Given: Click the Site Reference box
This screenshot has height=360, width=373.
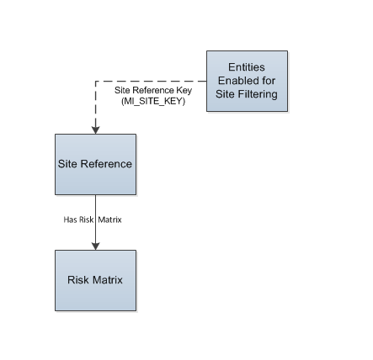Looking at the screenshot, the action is pos(95,164).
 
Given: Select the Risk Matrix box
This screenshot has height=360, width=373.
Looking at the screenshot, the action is pos(95,280).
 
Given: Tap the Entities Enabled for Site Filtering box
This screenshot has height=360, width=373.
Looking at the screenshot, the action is pos(247,81).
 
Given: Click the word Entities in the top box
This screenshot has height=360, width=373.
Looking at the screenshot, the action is pos(247,67).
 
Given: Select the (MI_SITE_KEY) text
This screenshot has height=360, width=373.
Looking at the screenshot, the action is pos(153,101).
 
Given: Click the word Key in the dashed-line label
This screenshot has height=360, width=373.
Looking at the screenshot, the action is pos(184,90).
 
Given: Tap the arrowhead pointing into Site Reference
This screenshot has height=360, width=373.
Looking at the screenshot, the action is pos(95,130).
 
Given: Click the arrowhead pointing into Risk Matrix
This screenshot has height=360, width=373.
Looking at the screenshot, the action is pos(95,246).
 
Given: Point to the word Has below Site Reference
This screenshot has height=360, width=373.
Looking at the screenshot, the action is pos(70,220).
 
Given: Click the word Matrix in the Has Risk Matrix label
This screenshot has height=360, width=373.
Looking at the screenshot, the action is pos(109,220).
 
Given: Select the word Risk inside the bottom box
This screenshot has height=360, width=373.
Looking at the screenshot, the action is pos(78,280).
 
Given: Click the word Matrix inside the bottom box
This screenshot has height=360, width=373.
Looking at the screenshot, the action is pos(108,280).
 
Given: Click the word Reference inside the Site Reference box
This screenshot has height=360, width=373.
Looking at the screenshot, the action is pos(106,164).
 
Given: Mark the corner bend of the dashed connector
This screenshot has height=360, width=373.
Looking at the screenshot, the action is pos(95,82).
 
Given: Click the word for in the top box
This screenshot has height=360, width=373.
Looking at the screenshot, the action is pos(269,81).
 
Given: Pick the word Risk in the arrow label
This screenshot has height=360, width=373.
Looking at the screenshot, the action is pos(86,220).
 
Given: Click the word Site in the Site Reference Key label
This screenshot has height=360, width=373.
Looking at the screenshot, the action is pos(122,90).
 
